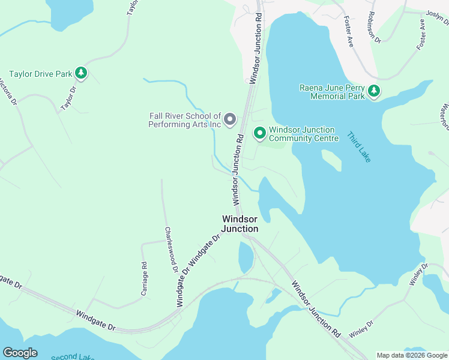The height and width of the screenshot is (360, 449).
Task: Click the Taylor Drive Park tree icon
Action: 81,74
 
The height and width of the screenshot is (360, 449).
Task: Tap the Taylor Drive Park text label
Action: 40,74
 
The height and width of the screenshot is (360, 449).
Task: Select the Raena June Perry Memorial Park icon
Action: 374,91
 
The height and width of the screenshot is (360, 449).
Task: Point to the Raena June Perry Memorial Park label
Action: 332,91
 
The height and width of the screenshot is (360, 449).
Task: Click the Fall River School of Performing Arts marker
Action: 229,121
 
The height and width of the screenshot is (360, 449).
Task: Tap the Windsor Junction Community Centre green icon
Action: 259,133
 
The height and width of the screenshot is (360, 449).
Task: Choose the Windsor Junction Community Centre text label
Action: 304,134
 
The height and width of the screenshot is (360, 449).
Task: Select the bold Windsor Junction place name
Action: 240,224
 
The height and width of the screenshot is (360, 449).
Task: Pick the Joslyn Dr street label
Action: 437,19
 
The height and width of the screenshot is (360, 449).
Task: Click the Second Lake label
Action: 72,356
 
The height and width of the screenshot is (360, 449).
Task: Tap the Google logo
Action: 20,353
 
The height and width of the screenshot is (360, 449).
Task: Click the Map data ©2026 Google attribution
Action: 411,355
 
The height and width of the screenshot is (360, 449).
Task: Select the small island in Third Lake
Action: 331,160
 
